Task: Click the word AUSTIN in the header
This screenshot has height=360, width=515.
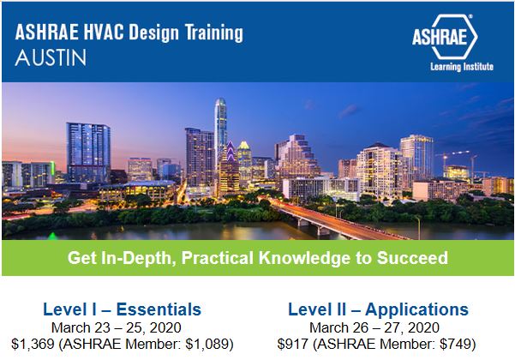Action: (51, 57)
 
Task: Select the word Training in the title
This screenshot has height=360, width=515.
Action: (214, 33)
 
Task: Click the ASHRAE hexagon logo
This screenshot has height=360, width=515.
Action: (445, 37)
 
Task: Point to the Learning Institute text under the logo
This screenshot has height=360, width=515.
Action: (462, 67)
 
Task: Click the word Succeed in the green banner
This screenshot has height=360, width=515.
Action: (412, 257)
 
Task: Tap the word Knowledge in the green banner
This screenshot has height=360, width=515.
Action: (304, 258)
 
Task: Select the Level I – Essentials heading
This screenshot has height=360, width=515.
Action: (122, 309)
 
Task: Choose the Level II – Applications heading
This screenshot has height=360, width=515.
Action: (378, 309)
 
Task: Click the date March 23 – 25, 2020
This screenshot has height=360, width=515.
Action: (117, 327)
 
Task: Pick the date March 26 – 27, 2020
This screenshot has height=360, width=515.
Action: (374, 327)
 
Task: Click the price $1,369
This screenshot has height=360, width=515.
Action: (33, 344)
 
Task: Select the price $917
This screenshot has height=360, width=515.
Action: (293, 344)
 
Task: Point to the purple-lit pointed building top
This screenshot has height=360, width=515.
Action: (231, 151)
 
